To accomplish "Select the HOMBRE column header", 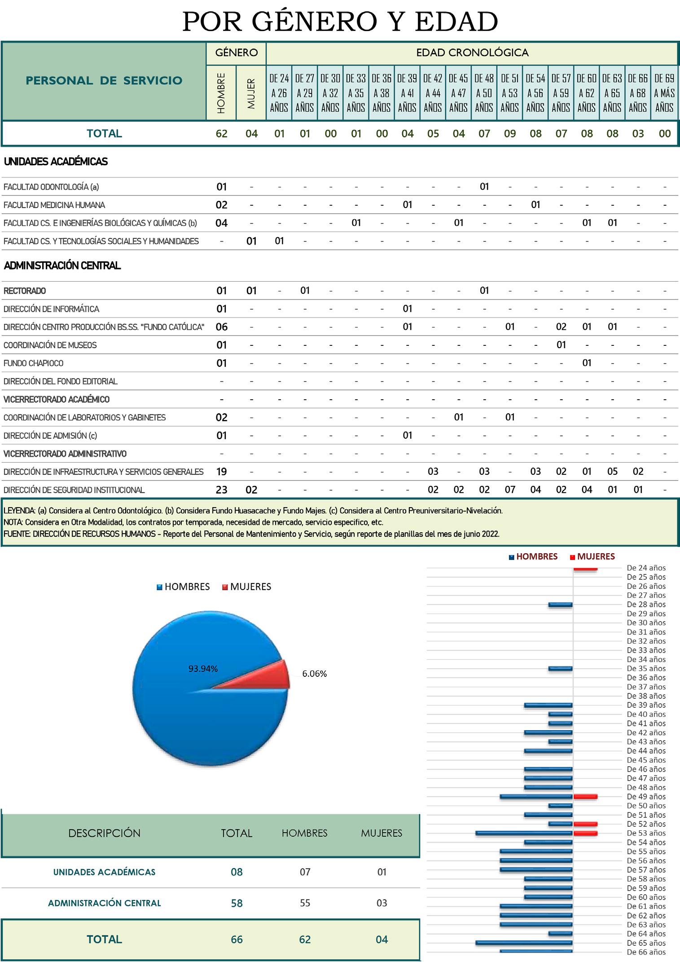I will [221, 93].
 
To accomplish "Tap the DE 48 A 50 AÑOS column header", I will [484, 93].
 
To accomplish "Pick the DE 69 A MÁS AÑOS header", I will [664, 93].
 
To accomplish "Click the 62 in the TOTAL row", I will [221, 133].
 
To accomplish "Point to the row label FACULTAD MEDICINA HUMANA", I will [54, 205].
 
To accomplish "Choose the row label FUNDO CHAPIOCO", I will [34, 363].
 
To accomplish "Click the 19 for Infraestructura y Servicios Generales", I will [221, 472].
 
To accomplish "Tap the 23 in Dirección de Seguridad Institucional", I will [221, 490].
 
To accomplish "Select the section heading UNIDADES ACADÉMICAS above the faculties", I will [56, 162].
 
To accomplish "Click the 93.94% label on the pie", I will [203, 669].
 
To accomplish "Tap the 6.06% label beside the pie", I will [314, 674].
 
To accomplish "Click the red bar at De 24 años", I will [585, 569].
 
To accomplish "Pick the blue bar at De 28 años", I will [560, 605].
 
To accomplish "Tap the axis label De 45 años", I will [646, 760].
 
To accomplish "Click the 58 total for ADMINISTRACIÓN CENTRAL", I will [237, 903].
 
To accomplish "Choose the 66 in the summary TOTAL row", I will [237, 940].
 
